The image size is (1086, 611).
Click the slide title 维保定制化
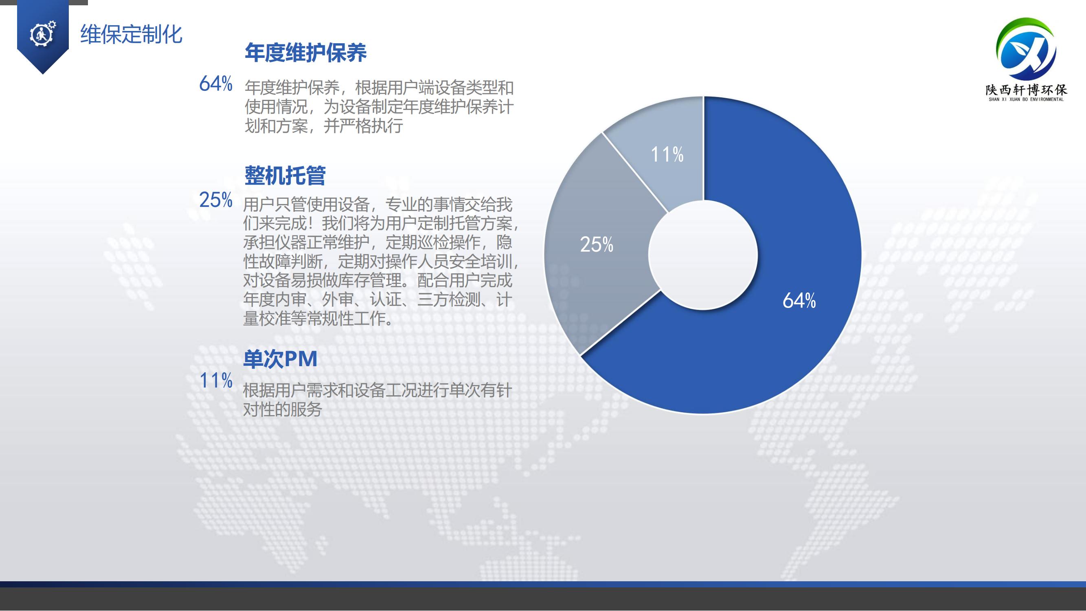(131, 34)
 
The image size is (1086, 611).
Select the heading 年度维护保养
(306, 53)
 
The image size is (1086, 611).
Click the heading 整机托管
(285, 176)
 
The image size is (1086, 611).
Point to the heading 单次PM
(280, 359)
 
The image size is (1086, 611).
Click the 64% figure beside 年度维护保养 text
(216, 84)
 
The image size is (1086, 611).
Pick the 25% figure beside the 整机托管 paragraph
(216, 200)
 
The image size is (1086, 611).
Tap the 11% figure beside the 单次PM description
(216, 380)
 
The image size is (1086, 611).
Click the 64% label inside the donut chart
(799, 301)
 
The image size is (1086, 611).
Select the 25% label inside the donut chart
(597, 244)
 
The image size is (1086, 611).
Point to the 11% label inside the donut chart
(667, 154)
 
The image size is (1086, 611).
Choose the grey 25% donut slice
(599, 270)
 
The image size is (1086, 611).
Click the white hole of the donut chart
(703, 255)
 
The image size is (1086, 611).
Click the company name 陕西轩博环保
(1026, 90)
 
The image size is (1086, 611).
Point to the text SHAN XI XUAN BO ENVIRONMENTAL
(1026, 99)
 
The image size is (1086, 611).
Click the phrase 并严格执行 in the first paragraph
(363, 125)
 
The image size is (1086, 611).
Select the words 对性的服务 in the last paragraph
(283, 409)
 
